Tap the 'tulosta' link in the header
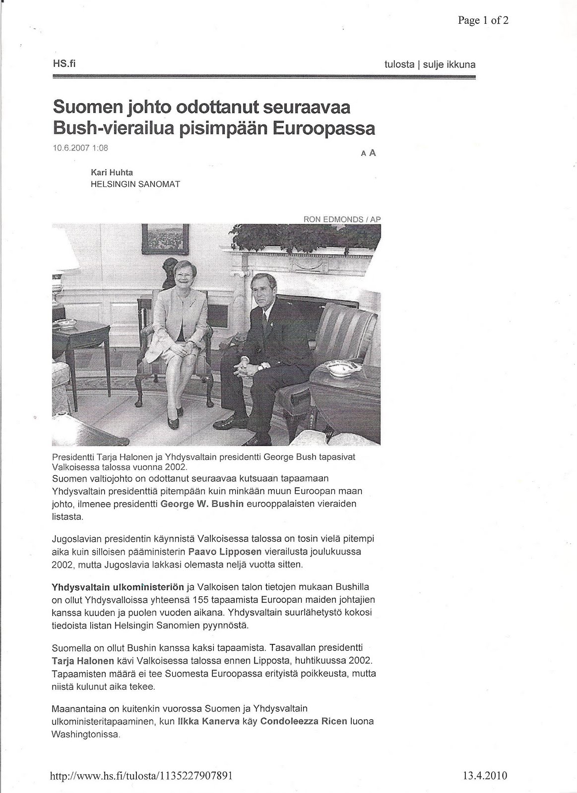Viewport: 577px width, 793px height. (399, 64)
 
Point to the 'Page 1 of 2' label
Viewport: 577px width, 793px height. (483, 20)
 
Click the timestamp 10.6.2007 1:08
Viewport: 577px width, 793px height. (80, 147)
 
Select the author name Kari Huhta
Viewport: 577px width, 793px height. (112, 172)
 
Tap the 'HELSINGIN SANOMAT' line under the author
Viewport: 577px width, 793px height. (135, 184)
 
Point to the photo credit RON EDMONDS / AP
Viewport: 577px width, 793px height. (342, 219)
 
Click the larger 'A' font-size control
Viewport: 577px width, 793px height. (373, 153)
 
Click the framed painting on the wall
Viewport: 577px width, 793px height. (165, 236)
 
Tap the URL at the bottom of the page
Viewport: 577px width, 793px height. (142, 776)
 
